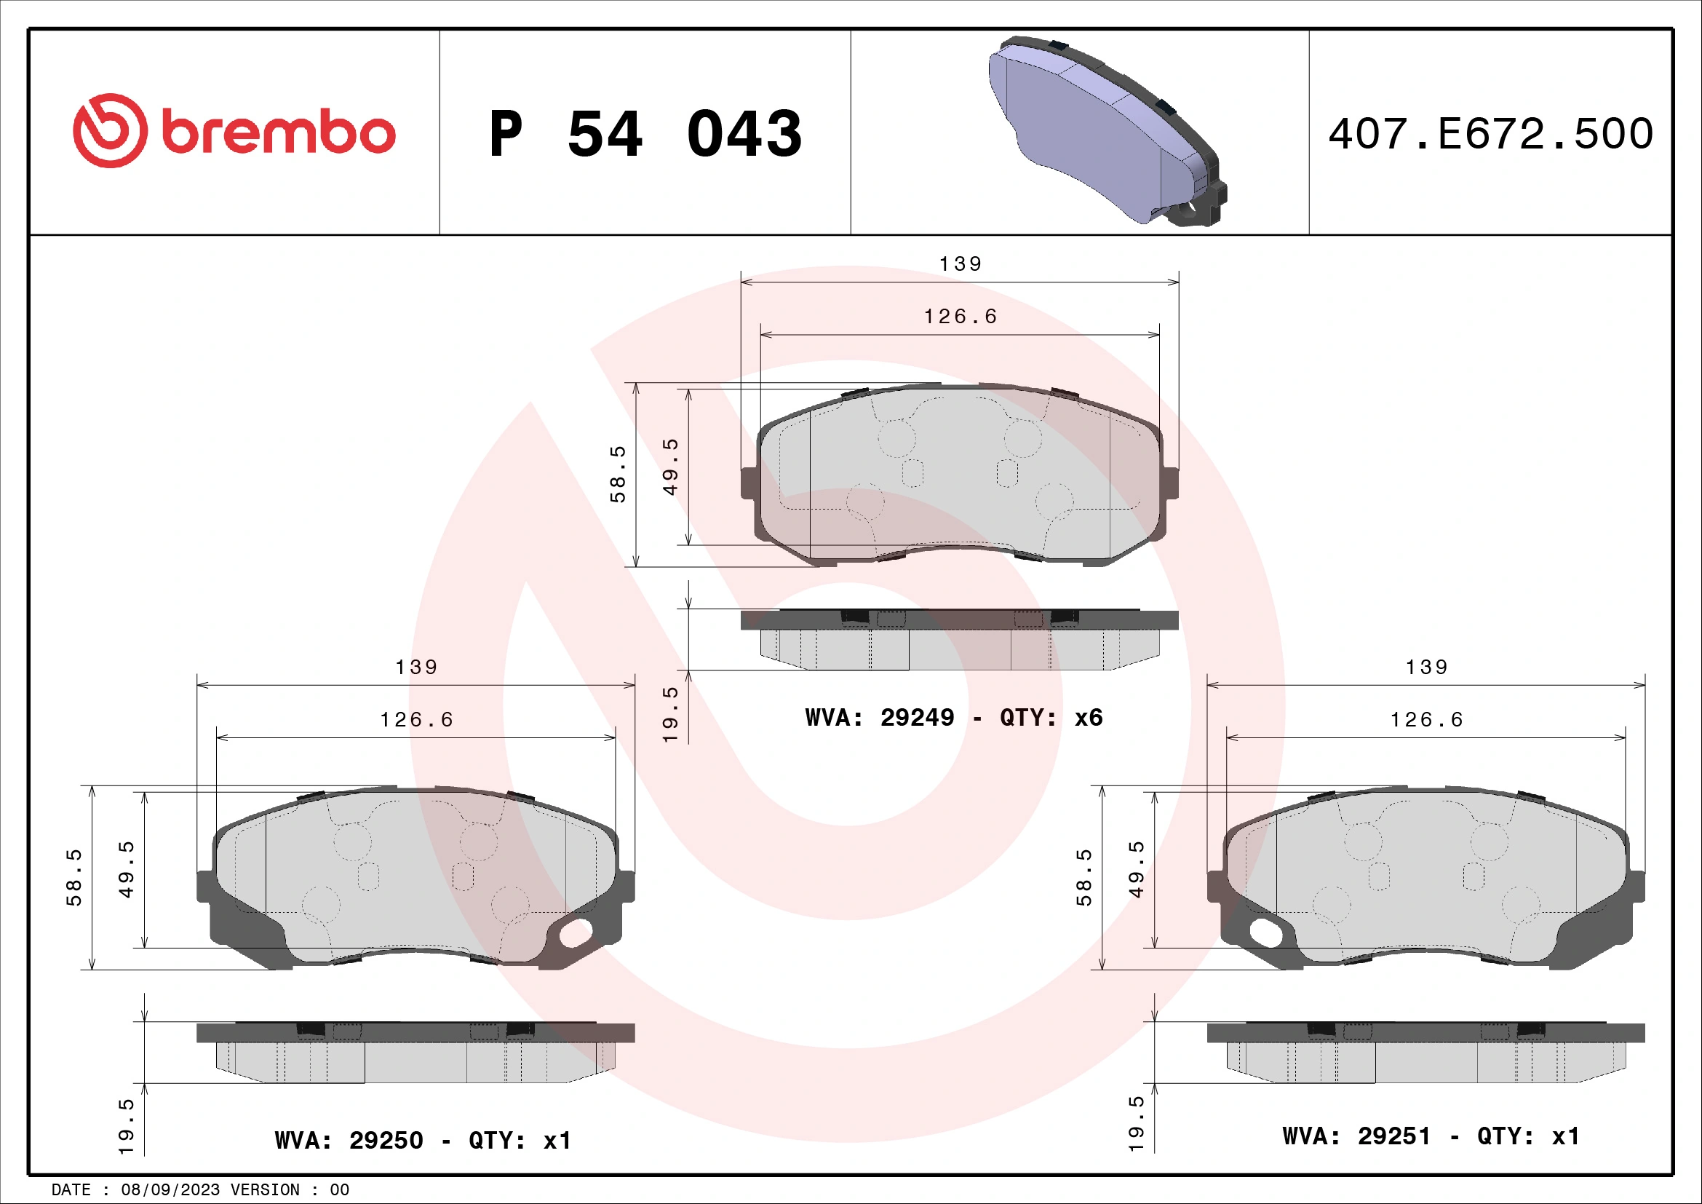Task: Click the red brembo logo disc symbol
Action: pos(110,130)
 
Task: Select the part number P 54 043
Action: pos(645,134)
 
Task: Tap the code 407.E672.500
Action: pos(1490,134)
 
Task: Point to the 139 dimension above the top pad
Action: pos(960,264)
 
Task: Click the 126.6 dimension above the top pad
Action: pos(960,317)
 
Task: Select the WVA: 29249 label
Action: pos(880,717)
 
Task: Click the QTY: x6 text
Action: pos(1051,717)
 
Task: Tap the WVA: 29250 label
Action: pos(349,1139)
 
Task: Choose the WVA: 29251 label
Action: pos(1356,1136)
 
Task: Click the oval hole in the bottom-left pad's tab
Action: pos(576,933)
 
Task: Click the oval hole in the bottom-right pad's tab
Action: pos(1265,932)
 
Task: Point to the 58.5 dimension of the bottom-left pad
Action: pos(74,878)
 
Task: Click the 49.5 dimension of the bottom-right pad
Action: pos(1136,869)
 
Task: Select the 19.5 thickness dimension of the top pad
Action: pos(669,714)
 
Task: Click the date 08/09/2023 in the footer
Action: pos(170,1190)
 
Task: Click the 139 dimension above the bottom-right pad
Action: pos(1426,668)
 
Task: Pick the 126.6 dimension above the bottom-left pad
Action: pos(416,720)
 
